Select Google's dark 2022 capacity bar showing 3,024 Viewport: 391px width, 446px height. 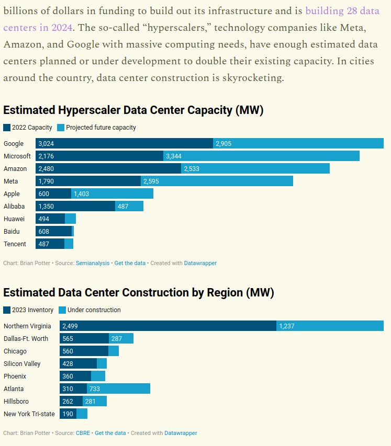pos(124,143)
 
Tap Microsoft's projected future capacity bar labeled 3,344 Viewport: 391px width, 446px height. pos(261,156)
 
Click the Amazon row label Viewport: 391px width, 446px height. pos(15,168)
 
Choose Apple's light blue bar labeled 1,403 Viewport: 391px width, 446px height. pos(112,193)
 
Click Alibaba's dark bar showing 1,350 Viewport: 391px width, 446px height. pos(75,206)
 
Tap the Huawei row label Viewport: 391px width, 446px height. pos(14,219)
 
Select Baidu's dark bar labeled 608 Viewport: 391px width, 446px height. pos(53,231)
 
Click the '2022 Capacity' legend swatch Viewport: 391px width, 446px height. pos(7,128)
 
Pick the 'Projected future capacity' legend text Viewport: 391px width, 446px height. pos(100,128)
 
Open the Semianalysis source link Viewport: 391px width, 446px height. pos(93,263)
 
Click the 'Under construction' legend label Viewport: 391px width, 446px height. pos(94,310)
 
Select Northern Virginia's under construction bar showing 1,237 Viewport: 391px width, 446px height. pos(330,326)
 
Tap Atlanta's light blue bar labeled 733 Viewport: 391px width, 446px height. pos(118,388)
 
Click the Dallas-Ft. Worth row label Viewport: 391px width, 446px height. pos(26,338)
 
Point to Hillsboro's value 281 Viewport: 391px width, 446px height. pos(91,401)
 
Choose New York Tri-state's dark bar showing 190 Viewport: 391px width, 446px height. pos(68,414)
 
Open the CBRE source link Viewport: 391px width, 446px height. pos(83,433)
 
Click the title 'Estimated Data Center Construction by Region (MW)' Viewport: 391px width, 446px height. pos(139,292)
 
